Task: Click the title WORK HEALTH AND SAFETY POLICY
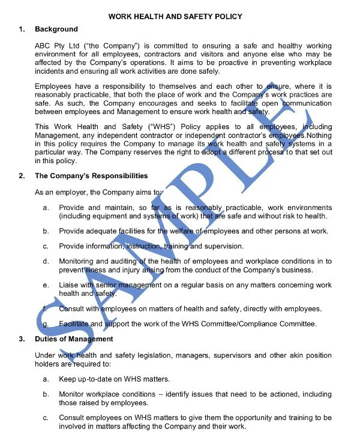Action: (175, 17)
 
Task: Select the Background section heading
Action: (56, 29)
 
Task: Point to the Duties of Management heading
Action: (74, 339)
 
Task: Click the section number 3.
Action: (22, 339)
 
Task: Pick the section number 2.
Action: (22, 176)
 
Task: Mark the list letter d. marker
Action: (46, 261)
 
